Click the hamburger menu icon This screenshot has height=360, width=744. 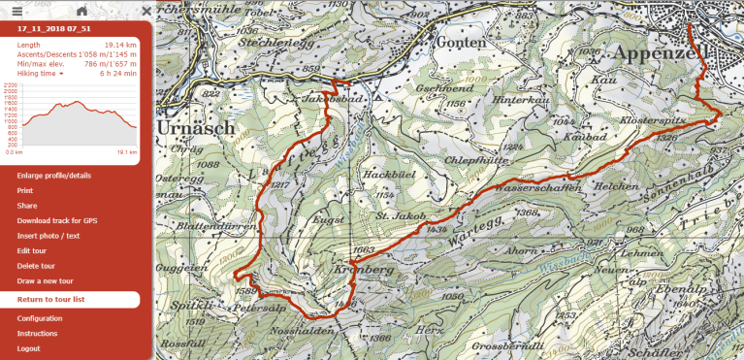(16, 10)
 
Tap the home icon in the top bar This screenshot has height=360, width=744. (81, 10)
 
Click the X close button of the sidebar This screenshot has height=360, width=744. (146, 10)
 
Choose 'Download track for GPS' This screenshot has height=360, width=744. (57, 220)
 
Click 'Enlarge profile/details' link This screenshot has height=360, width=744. (54, 176)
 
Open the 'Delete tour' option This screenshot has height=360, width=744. (38, 266)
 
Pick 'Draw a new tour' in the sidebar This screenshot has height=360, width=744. (47, 280)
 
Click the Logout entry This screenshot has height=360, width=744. (29, 348)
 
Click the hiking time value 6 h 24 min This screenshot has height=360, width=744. (117, 73)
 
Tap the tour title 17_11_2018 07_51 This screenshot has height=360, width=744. (49, 29)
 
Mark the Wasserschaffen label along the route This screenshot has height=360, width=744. (533, 184)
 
